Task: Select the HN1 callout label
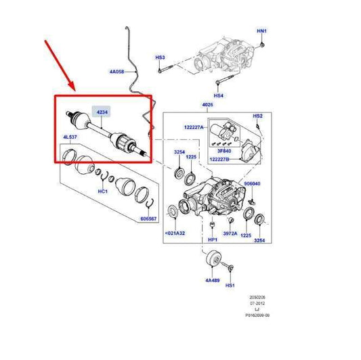point(261,32)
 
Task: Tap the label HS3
point(161,58)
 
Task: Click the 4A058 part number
point(118,70)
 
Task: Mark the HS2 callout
point(257,116)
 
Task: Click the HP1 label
point(212,240)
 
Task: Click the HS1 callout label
point(230,286)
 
